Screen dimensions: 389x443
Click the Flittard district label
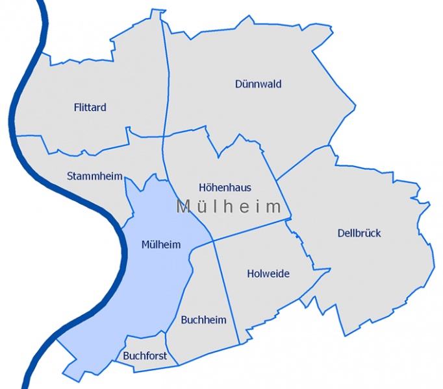(x=90, y=107)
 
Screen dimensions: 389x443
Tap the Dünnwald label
(x=258, y=84)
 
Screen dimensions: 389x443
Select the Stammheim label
(x=95, y=176)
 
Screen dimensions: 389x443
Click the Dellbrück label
(x=359, y=233)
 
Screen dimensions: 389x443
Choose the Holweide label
(x=268, y=274)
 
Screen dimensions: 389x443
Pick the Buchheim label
(x=204, y=320)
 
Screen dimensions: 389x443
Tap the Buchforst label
(x=145, y=356)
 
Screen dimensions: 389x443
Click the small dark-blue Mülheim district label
(x=161, y=244)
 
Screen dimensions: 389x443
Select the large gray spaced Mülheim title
(x=229, y=207)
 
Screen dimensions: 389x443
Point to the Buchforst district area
(x=146, y=344)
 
